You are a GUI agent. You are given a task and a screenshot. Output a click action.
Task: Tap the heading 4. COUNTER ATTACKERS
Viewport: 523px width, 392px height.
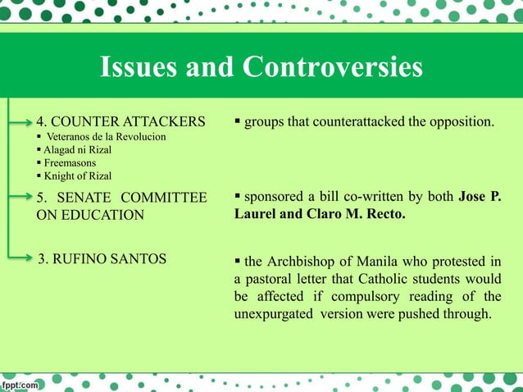coord(121,122)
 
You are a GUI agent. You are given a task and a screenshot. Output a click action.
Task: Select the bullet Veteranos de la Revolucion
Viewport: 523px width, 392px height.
coord(106,136)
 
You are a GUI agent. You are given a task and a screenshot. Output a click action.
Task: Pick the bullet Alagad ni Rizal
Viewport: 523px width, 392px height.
coord(78,149)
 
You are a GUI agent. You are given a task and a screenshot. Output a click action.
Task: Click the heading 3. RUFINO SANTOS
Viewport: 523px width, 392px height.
coord(102,259)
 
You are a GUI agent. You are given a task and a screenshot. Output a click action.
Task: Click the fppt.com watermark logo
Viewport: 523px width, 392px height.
coord(21,383)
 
